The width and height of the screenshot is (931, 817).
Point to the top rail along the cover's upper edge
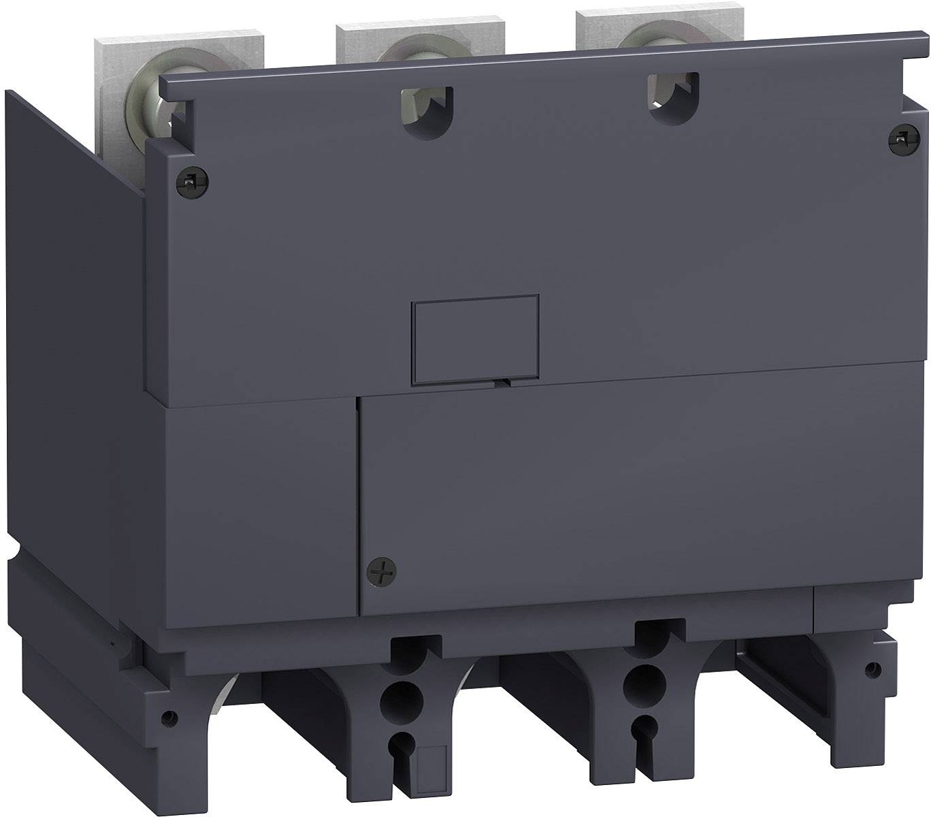tap(531, 61)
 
